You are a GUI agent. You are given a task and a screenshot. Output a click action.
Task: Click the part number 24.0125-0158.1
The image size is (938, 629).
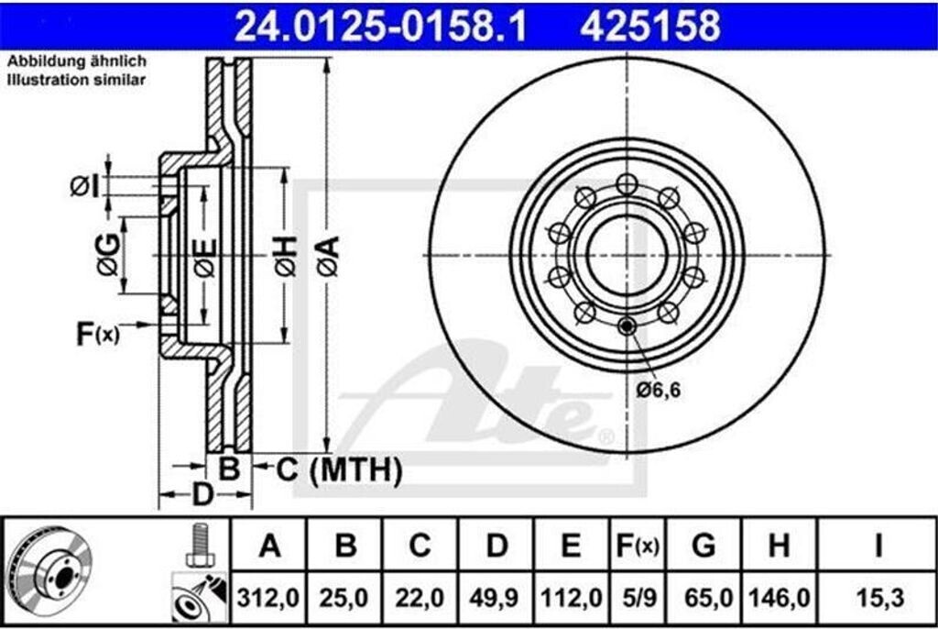pyautogui.click(x=380, y=27)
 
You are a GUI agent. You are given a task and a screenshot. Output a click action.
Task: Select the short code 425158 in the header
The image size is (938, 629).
pyautogui.click(x=649, y=27)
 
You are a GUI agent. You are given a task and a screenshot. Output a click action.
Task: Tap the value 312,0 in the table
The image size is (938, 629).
pyautogui.click(x=267, y=598)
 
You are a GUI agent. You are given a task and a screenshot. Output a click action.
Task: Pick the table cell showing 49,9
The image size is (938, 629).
pyautogui.click(x=494, y=598)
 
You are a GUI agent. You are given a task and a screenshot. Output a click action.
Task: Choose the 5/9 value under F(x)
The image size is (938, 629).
pyautogui.click(x=638, y=598)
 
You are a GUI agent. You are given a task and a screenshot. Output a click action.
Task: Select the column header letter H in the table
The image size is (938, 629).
pyautogui.click(x=779, y=546)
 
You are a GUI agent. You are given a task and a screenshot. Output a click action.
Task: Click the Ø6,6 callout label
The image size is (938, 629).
pyautogui.click(x=658, y=390)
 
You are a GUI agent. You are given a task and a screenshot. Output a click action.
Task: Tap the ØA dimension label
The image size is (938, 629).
pyautogui.click(x=329, y=257)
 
